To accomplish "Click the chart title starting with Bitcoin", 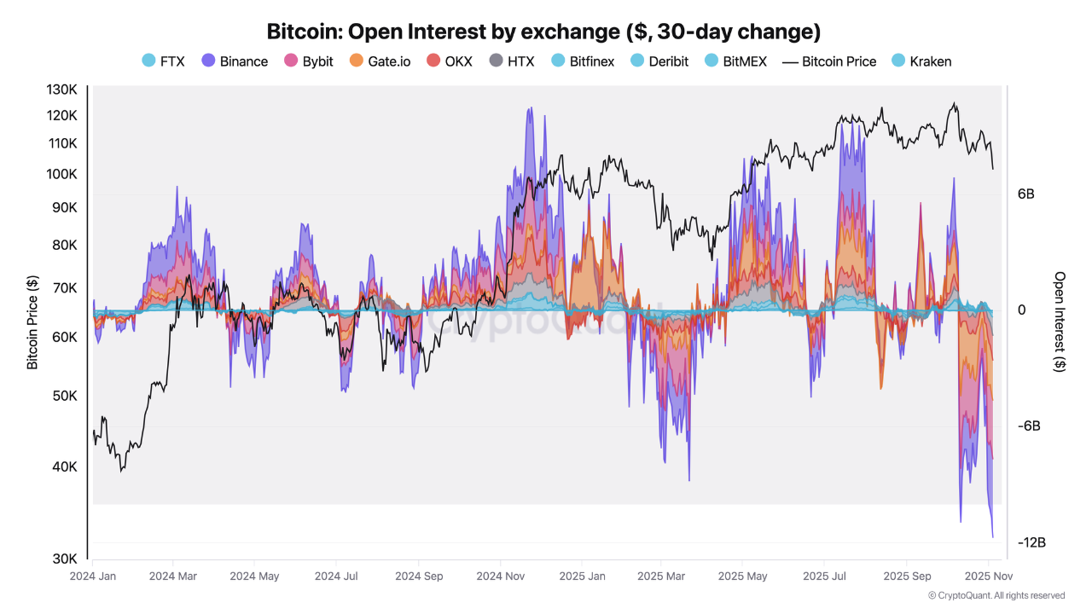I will (x=544, y=32).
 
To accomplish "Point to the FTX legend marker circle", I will (x=149, y=61).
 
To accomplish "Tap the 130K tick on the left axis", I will (x=62, y=90).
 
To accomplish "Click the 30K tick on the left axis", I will (x=66, y=559).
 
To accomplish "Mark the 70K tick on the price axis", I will (x=66, y=288).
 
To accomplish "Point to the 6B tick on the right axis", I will (x=1026, y=194).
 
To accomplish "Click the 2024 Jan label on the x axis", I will (x=92, y=576).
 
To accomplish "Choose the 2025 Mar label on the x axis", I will (x=661, y=576).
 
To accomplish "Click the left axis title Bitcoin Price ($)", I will (x=32, y=322).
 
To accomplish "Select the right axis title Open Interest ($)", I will (x=1060, y=322).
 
